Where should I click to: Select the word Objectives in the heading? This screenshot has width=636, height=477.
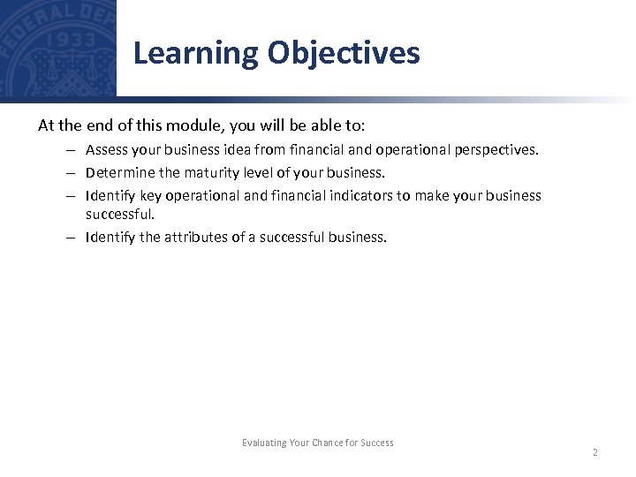coord(344,54)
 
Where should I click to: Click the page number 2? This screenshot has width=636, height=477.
coord(594,452)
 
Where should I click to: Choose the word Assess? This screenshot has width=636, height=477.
coord(106,150)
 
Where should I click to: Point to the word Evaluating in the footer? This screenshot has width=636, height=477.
coord(264,443)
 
